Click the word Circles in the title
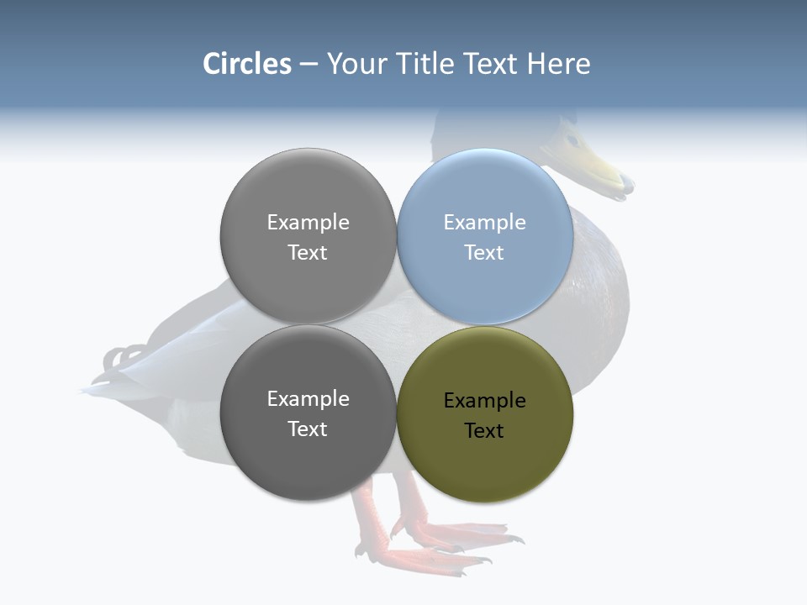click(247, 64)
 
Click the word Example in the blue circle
click(484, 222)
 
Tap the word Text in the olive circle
click(484, 430)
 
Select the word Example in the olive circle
click(484, 400)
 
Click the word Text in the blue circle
click(484, 252)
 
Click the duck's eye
click(572, 139)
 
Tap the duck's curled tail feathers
click(123, 358)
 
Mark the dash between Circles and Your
click(309, 65)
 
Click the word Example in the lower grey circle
click(308, 398)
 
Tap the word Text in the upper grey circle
click(308, 252)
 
